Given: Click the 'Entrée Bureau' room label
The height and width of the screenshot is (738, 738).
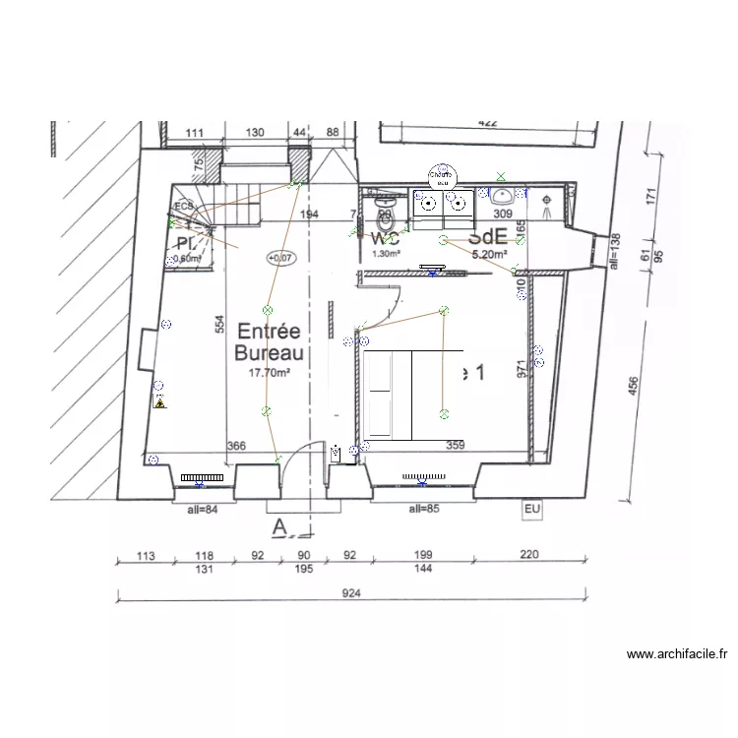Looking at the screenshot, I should click(269, 342).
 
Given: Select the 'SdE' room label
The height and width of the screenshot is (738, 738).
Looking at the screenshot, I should click(487, 236).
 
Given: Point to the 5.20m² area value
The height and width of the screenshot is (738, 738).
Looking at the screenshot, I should click(489, 254).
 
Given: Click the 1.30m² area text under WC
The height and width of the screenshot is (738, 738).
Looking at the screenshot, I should click(386, 254).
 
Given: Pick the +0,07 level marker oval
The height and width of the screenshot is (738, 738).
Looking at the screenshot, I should click(279, 258).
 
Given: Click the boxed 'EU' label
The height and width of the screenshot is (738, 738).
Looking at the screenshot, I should click(531, 509).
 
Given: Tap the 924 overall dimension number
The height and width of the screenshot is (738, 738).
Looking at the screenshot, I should click(351, 593).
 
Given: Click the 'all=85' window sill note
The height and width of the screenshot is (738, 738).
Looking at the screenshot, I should click(425, 509).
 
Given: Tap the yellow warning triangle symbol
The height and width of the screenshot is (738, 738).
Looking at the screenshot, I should click(158, 402).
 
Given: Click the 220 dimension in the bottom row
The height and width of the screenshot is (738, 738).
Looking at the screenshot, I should click(529, 556).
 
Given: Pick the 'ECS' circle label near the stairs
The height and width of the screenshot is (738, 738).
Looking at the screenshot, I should click(183, 207).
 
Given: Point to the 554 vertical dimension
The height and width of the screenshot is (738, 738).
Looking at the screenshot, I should click(221, 335).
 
